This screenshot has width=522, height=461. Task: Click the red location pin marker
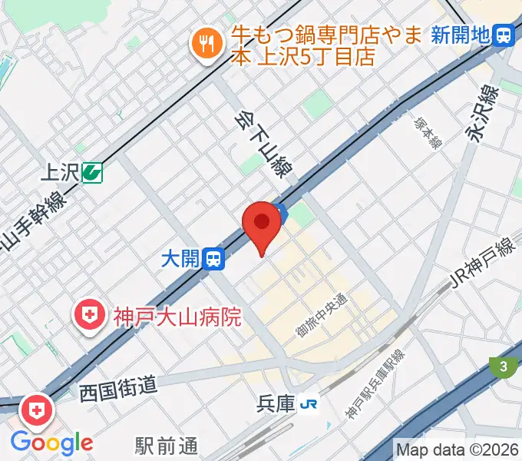coord(262,224)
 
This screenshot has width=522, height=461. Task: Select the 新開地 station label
coord(460,35)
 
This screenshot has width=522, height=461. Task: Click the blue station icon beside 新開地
coord(504,35)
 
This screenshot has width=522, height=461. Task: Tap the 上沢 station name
coord(58,172)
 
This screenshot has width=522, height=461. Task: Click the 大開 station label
coord(183,259)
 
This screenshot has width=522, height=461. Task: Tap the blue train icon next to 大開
coord(215,259)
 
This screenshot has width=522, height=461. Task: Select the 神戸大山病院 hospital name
coord(177,315)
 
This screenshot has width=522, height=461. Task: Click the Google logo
coord(51,443)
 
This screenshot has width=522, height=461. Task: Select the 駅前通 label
coord(167,445)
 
